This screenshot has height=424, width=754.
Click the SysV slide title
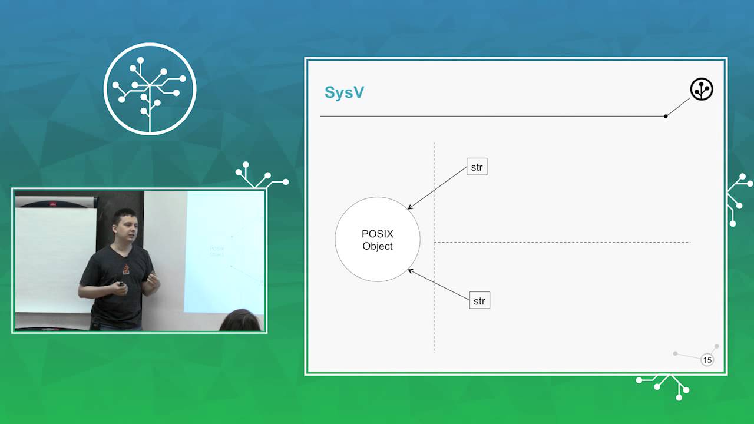coord(344,92)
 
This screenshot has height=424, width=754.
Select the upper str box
coord(477,167)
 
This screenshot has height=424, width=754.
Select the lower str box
coord(479,300)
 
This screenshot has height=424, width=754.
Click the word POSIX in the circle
coord(378,234)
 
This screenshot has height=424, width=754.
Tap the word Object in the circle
coord(378,246)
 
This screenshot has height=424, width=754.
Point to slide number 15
coord(707,360)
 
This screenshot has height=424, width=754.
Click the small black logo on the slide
coord(702,89)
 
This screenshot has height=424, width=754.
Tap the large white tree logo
coord(150,89)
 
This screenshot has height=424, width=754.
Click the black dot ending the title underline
coord(666,117)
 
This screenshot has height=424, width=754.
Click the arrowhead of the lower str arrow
coord(409,270)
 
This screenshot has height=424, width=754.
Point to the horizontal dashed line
coord(562,242)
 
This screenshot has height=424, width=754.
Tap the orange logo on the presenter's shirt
coord(126,269)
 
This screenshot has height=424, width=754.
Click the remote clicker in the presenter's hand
coord(121,284)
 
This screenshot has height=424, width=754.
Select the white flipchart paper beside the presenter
coord(54,259)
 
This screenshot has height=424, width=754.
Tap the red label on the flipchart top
coord(53,204)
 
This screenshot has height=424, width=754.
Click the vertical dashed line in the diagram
coord(434,247)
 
